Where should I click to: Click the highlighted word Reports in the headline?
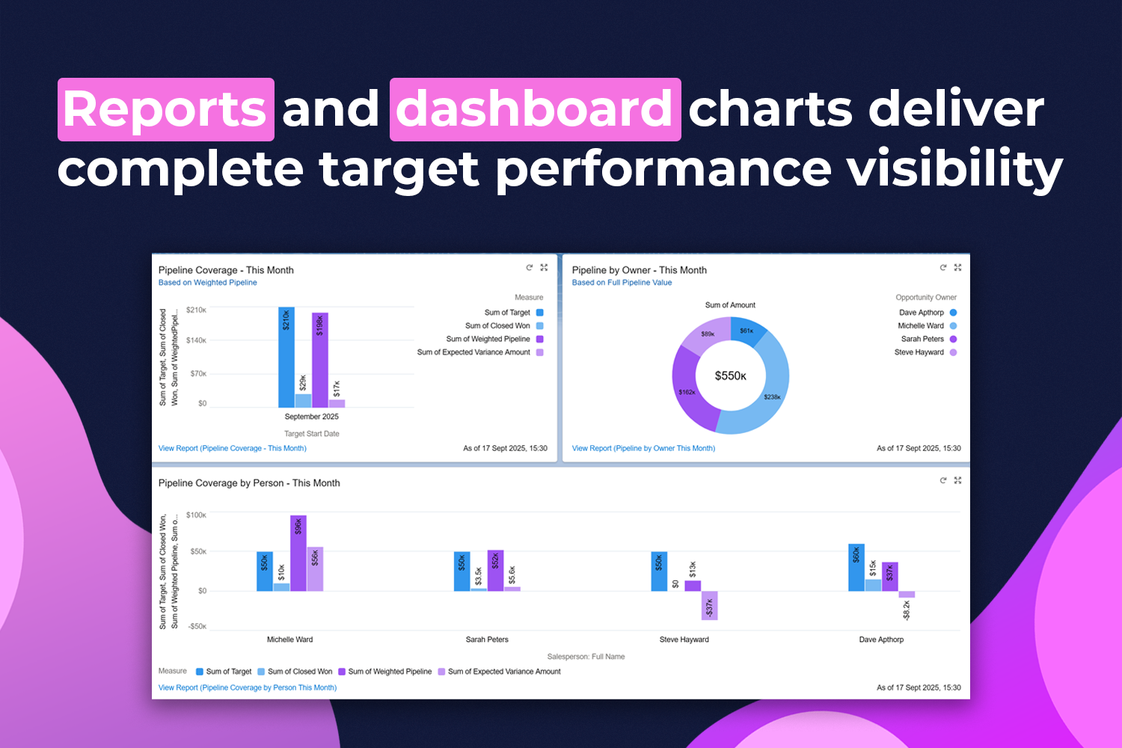[165, 109]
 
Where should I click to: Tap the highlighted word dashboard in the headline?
[535, 109]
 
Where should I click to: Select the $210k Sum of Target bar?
[286, 357]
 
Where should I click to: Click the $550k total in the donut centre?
[730, 375]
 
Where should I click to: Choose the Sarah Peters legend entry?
[922, 339]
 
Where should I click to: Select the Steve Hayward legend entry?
[919, 352]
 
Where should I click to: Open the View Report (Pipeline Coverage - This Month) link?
[233, 449]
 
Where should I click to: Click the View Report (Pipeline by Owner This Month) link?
[643, 449]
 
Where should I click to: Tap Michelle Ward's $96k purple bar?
[298, 553]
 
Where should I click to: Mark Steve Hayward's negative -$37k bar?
[709, 605]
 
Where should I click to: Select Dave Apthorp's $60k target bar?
[856, 567]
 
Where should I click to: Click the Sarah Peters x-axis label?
[487, 640]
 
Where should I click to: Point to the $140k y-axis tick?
[196, 340]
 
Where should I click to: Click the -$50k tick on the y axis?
[197, 627]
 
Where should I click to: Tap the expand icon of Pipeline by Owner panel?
[957, 267]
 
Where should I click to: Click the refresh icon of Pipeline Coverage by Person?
[943, 480]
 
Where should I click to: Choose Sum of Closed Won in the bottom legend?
[299, 672]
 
